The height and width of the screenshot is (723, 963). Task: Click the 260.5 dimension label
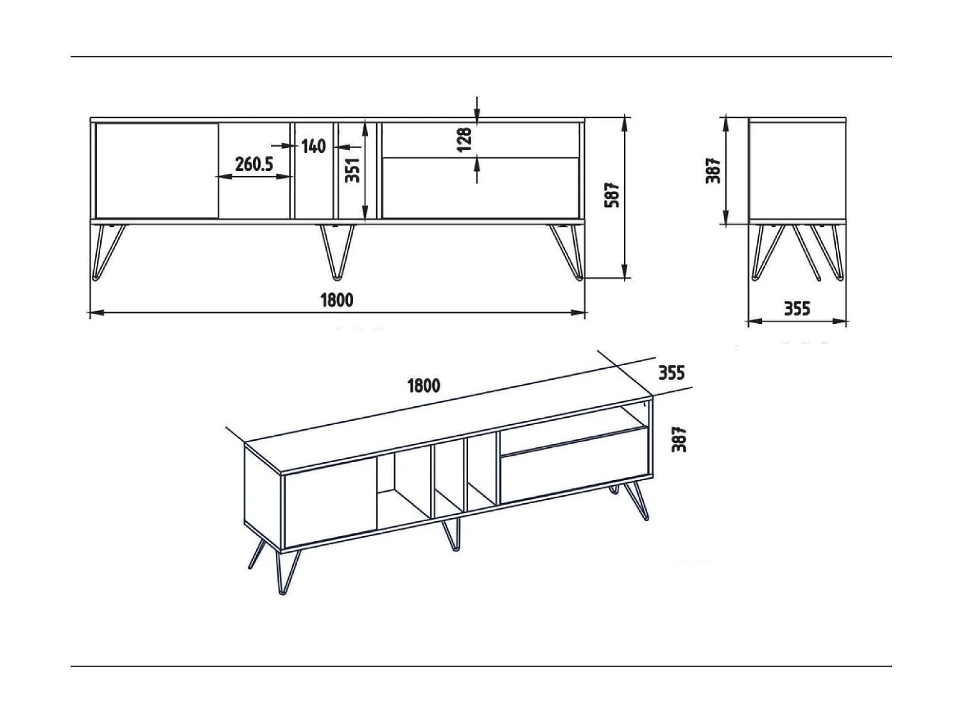(254, 165)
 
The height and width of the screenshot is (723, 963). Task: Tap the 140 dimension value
(313, 146)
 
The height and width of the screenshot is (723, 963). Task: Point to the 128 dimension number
(465, 139)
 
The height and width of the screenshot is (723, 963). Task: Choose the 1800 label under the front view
(336, 300)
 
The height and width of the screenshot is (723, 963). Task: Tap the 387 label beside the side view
(714, 171)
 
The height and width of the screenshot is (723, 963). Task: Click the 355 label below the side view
(797, 309)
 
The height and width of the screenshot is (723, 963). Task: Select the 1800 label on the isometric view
(424, 386)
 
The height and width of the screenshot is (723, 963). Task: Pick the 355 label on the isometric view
(672, 373)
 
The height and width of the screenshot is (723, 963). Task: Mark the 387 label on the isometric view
(679, 440)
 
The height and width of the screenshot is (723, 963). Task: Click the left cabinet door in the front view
(157, 170)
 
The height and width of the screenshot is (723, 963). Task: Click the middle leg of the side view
(806, 251)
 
